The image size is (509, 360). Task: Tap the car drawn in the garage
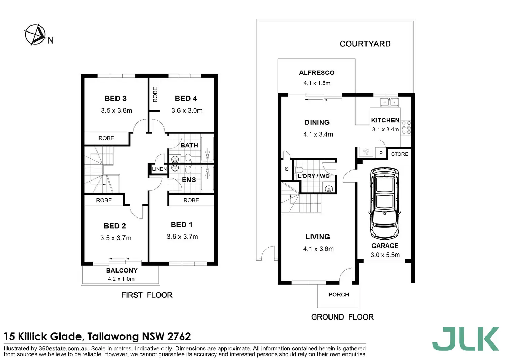(x=385, y=204)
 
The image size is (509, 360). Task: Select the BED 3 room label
(x=115, y=99)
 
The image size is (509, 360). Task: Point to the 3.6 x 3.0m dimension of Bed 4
(x=187, y=110)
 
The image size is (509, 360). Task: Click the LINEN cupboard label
(x=159, y=169)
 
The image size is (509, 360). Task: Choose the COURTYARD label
(x=365, y=44)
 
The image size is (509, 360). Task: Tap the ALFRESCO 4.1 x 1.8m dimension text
(x=317, y=83)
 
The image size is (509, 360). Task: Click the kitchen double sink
(x=389, y=102)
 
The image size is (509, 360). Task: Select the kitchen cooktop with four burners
(x=406, y=128)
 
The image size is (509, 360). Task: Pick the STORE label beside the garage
(x=399, y=154)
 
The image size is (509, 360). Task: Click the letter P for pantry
(x=381, y=153)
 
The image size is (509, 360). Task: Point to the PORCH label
(x=339, y=295)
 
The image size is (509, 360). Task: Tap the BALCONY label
(x=122, y=270)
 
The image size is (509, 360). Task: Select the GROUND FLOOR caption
(x=342, y=317)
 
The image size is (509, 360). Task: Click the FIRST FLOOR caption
(x=147, y=295)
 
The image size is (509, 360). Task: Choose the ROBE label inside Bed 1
(x=191, y=200)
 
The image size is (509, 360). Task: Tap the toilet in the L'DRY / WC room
(x=298, y=170)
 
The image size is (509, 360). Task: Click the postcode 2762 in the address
(x=179, y=336)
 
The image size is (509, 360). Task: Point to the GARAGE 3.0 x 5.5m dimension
(x=385, y=255)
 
